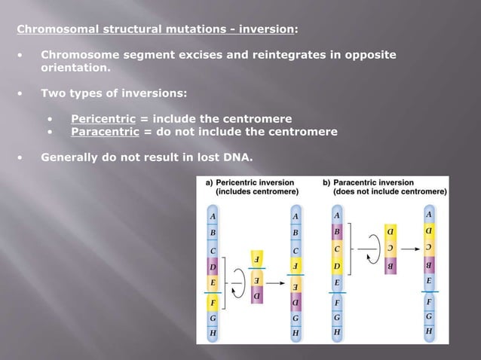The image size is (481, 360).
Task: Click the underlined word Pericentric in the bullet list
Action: (103, 119)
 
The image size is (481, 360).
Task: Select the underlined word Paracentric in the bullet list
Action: (104, 132)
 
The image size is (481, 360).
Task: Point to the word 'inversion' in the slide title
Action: (266, 29)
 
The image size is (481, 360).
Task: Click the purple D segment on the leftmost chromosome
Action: (213, 267)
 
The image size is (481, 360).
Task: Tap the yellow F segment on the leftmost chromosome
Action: (213, 303)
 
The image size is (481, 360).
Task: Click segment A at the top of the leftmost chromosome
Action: (213, 215)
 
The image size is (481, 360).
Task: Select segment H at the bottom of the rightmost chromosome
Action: (428, 331)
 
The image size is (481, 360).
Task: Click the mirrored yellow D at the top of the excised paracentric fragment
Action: (390, 230)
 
